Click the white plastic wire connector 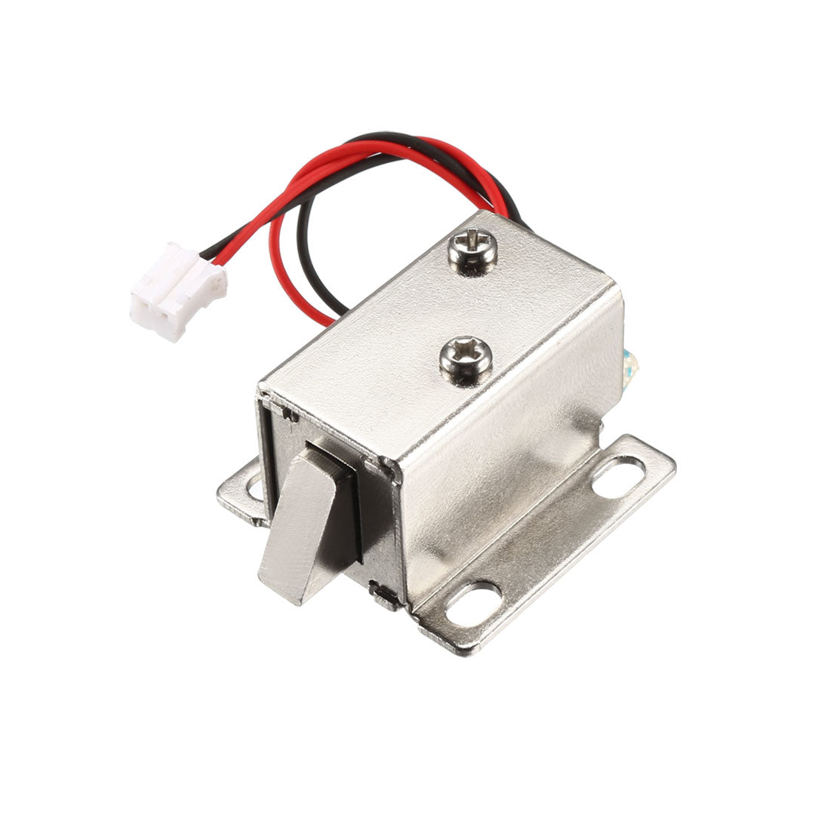178,290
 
